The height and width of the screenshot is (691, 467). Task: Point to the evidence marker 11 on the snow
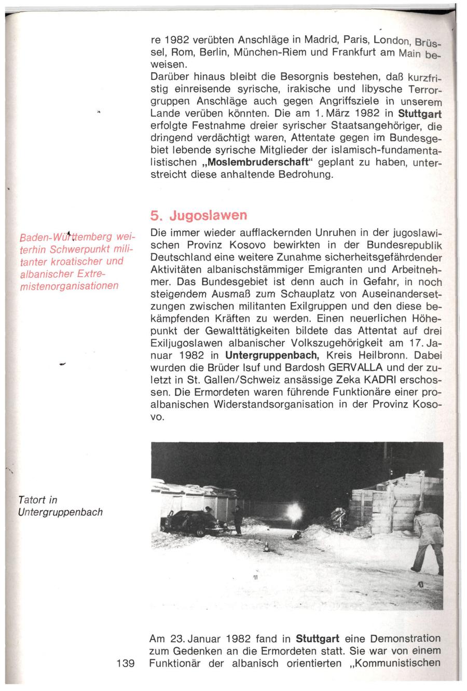(256, 578)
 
